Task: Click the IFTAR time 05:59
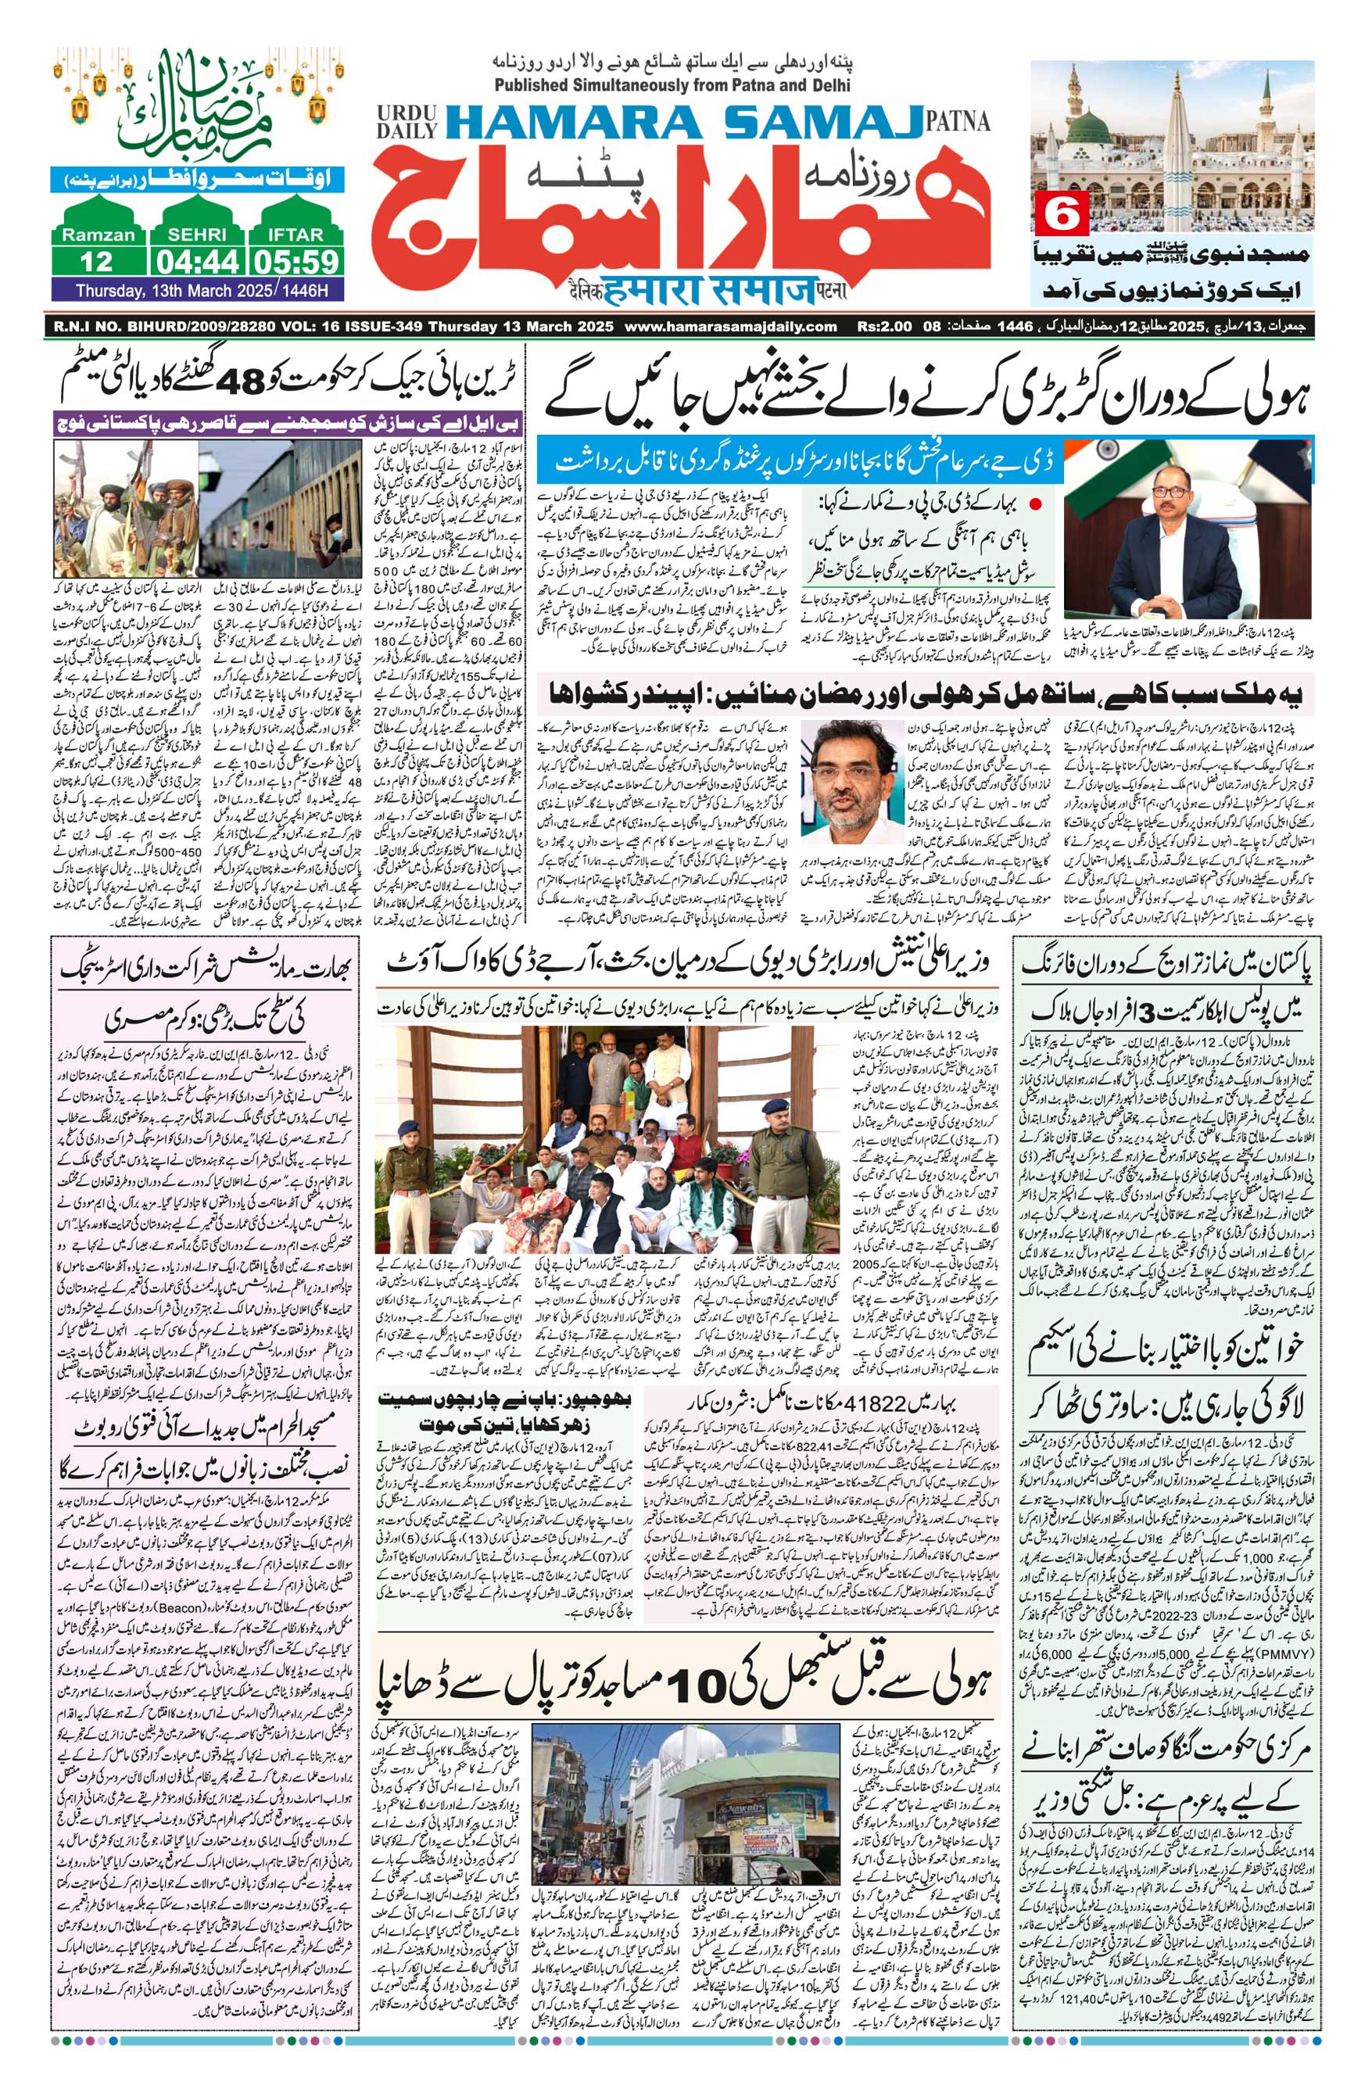click(x=295, y=261)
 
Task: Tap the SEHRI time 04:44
click(x=198, y=261)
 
